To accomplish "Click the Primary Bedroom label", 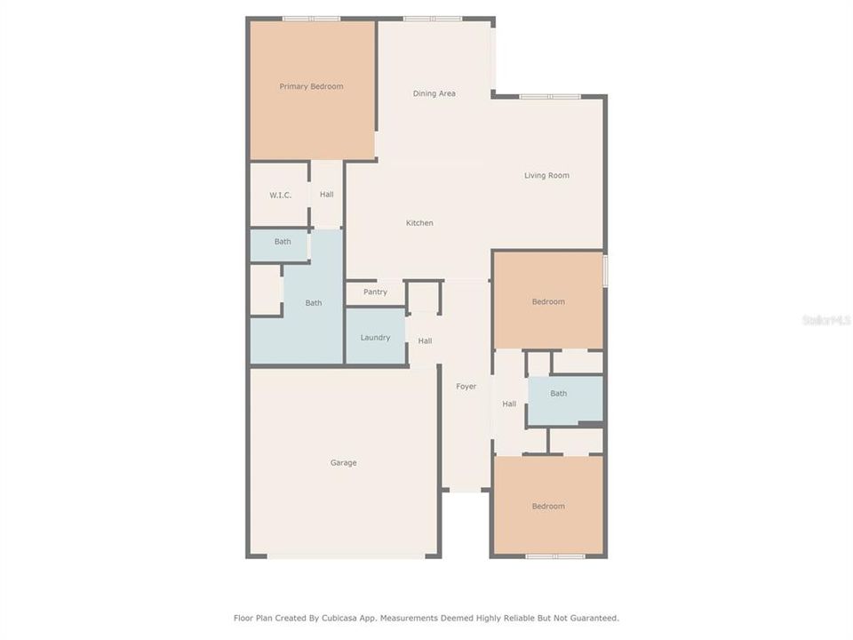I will click(x=311, y=86).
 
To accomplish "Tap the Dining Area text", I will click(x=434, y=93).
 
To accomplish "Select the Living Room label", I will click(x=546, y=175).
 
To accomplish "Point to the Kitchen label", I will click(x=419, y=223).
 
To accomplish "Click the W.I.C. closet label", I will click(x=281, y=195).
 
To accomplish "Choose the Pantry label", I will click(x=375, y=292).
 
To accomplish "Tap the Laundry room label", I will click(x=375, y=337).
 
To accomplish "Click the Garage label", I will click(x=344, y=462).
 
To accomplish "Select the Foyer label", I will click(x=466, y=386).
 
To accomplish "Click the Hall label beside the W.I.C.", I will click(x=327, y=195).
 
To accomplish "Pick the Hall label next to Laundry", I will click(x=426, y=340).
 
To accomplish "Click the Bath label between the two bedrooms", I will click(x=558, y=393).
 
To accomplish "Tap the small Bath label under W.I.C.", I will click(x=283, y=242).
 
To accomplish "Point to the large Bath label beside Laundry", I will click(x=314, y=303).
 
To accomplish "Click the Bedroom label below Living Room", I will click(x=548, y=301).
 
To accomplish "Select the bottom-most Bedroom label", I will click(x=548, y=506).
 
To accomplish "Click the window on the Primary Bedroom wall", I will click(x=311, y=19).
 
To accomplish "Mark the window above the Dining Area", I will click(x=432, y=19).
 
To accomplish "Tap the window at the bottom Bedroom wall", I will click(x=554, y=556).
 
